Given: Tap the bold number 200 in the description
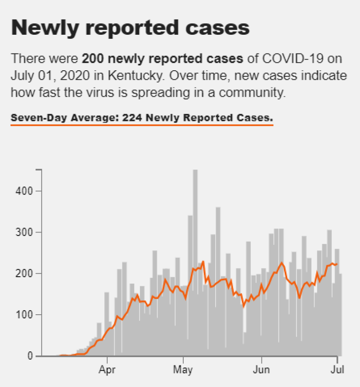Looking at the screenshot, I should click(93, 59).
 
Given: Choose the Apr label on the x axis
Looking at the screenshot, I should click(107, 370).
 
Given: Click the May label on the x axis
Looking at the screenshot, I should click(183, 370).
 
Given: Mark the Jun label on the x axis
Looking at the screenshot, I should click(261, 370).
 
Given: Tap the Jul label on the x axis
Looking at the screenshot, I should click(337, 370).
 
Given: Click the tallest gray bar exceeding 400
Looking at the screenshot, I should click(195, 262).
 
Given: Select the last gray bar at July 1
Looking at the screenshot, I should click(340, 315).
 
